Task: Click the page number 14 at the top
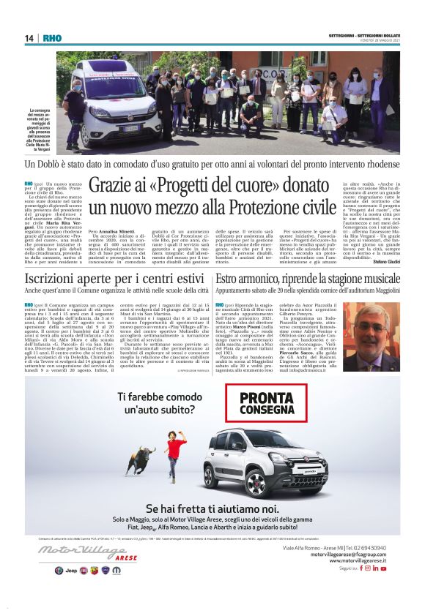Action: (x=29, y=38)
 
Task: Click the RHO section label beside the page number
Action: (x=53, y=38)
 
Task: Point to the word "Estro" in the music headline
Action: (x=229, y=279)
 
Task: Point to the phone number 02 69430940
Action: (x=374, y=547)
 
